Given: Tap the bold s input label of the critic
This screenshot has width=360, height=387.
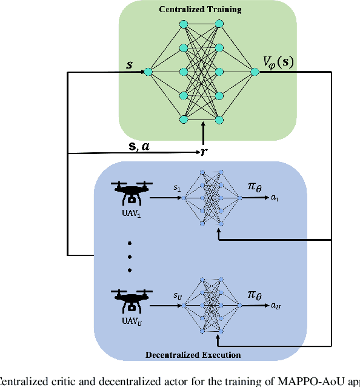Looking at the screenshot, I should tap(129, 62).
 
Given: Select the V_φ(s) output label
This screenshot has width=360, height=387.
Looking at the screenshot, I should tap(278, 62).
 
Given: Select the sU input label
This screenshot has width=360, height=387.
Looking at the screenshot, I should tap(178, 296).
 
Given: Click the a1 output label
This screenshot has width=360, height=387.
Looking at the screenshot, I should tap(275, 198).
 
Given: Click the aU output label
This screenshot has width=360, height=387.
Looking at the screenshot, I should tap(276, 306).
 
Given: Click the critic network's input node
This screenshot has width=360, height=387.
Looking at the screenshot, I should tap(148, 72).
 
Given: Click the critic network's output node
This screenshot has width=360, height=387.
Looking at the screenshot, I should tap(255, 72).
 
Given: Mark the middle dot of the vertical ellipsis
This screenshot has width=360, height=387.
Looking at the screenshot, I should tap(129, 257).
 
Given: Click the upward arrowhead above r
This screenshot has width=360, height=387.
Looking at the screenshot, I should tap(204, 126).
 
